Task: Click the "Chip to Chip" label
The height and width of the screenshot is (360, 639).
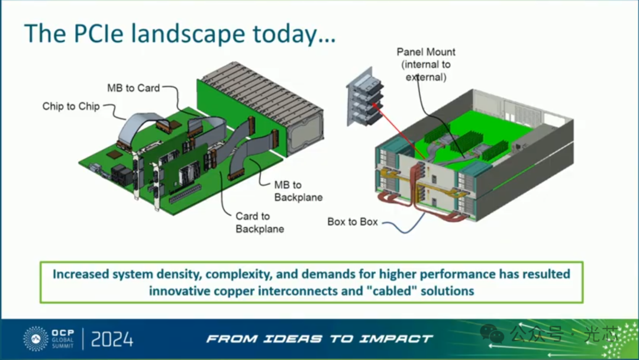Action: coord(71,107)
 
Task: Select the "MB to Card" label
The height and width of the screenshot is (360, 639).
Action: coord(133,88)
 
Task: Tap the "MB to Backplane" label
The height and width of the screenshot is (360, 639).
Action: coord(298,191)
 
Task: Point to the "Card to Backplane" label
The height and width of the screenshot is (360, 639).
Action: coord(260,222)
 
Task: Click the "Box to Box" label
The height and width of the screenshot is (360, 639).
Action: coord(353,222)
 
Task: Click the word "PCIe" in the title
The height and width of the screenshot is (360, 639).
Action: coord(98,33)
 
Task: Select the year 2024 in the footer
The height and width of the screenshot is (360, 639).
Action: coord(112,339)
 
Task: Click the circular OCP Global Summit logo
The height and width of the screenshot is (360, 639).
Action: coord(36,339)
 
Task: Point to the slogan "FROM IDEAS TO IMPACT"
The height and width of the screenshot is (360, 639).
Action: coord(319,339)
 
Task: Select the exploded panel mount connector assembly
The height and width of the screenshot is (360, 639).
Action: coord(364,98)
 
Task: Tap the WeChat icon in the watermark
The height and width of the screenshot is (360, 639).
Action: coord(492,333)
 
